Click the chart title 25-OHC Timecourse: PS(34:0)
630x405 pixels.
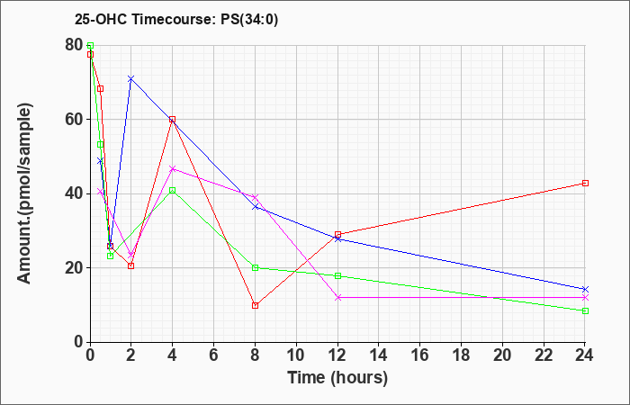(x=176, y=20)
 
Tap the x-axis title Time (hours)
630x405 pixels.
(x=337, y=378)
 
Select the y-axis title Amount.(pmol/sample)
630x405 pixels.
(x=25, y=193)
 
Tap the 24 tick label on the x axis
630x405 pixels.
(x=585, y=355)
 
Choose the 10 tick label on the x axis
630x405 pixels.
(x=296, y=355)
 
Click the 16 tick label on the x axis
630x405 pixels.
(x=420, y=355)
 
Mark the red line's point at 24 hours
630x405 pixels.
(x=585, y=184)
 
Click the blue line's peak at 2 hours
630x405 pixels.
(x=131, y=79)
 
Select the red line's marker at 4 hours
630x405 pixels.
(x=173, y=120)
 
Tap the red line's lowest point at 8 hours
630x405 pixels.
(x=255, y=305)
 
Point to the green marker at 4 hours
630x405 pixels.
(x=173, y=191)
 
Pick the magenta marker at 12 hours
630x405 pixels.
(x=337, y=298)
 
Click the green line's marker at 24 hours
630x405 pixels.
(x=585, y=311)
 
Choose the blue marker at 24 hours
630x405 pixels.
(x=585, y=289)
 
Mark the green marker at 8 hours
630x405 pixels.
(x=255, y=268)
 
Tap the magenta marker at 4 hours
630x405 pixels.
(x=173, y=169)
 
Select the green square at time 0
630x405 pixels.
(x=90, y=45)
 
